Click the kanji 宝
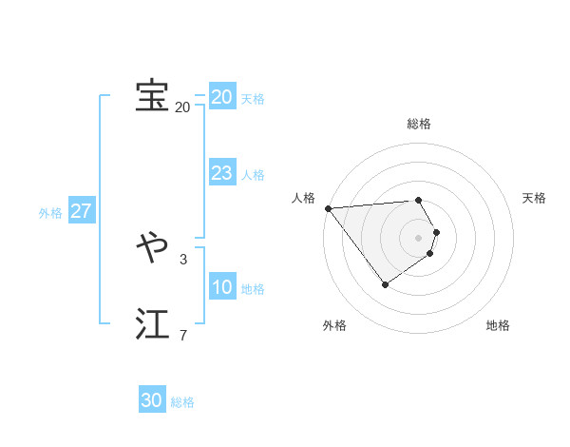coord(152,95)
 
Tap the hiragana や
coord(152,249)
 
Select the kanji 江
coord(152,323)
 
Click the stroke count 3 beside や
coord(183,259)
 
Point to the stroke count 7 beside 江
coord(183,335)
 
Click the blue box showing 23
coord(222,173)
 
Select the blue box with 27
coord(82,211)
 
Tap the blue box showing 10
coord(222,287)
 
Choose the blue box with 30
coord(152,400)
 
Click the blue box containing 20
coord(222,97)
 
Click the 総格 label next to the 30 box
coord(182,402)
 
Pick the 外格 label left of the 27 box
coord(50,213)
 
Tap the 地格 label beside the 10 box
coord(253,289)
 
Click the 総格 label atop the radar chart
coord(419,124)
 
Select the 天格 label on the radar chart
coord(535,198)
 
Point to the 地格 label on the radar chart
coord(498,325)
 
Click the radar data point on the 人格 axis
coord(328,208)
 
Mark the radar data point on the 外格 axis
coord(385,284)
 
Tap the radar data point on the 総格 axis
coord(419,200)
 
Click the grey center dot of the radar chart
coord(419,237)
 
